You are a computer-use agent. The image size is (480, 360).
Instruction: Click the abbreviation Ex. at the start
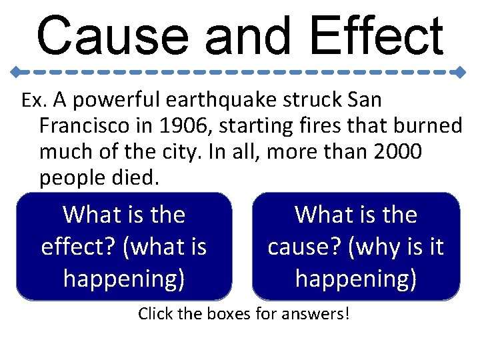[x=32, y=101]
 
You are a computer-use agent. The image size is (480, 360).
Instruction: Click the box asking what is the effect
[x=124, y=246]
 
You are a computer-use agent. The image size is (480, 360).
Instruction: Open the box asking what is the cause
[x=356, y=246]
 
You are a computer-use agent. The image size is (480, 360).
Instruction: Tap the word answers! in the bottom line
[x=317, y=313]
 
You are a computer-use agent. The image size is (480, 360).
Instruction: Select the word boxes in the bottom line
[x=219, y=313]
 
